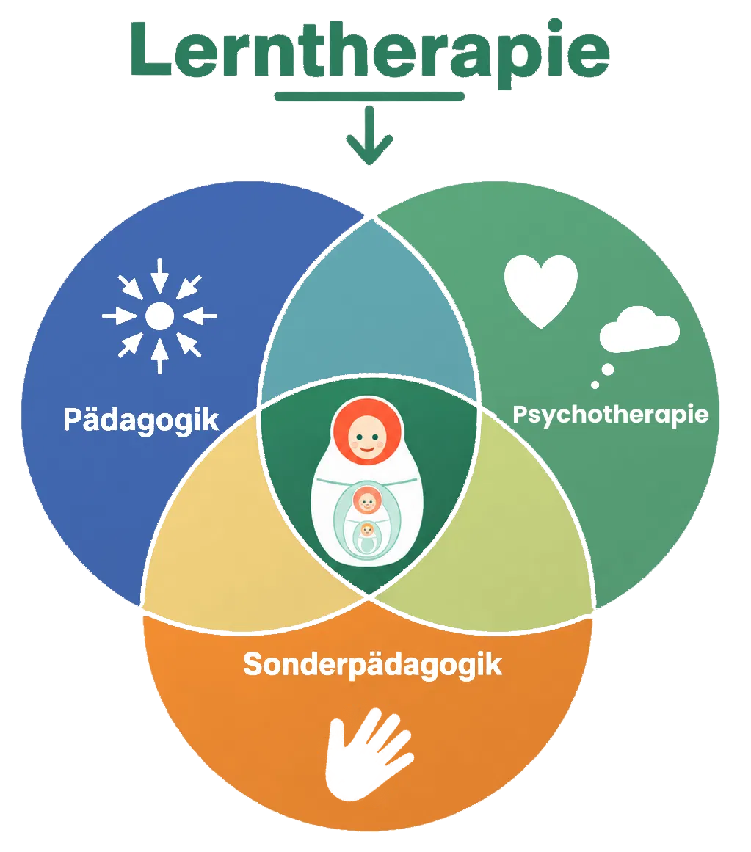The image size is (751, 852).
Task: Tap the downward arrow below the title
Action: coord(369,135)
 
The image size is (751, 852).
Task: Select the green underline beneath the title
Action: coord(369,97)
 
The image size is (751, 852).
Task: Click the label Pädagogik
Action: coord(141,420)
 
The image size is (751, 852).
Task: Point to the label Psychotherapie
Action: coord(611,415)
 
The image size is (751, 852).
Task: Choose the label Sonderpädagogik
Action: coord(373,665)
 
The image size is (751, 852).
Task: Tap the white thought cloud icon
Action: coord(639,329)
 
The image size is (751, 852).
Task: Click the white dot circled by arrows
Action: coord(160,316)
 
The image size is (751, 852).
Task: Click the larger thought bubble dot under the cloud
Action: coord(608,370)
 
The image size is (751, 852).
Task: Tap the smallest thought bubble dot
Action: coord(595,385)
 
